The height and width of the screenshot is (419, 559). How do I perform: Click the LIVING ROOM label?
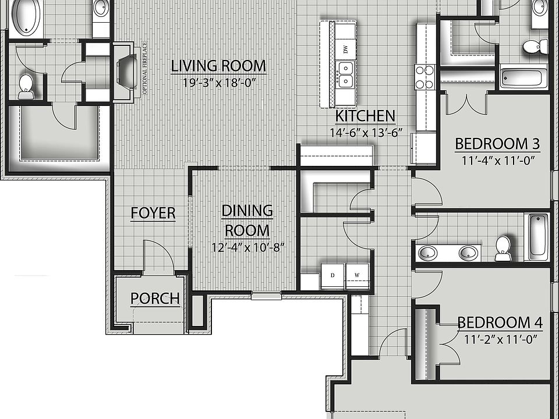click(218, 66)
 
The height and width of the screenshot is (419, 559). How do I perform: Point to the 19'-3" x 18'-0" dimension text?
click(219, 83)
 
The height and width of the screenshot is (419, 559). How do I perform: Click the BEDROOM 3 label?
click(497, 143)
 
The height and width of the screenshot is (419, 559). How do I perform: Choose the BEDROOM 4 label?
click(500, 322)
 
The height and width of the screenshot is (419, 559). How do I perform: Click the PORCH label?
click(154, 299)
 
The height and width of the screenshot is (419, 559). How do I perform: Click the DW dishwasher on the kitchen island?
click(346, 49)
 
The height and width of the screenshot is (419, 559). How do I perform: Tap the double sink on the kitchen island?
click(346, 73)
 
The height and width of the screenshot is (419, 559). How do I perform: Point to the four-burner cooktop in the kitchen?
click(424, 76)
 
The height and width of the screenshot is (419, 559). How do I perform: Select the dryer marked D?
click(332, 275)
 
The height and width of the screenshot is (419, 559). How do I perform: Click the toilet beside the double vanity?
click(503, 248)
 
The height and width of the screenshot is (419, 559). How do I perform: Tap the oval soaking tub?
click(24, 17)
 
